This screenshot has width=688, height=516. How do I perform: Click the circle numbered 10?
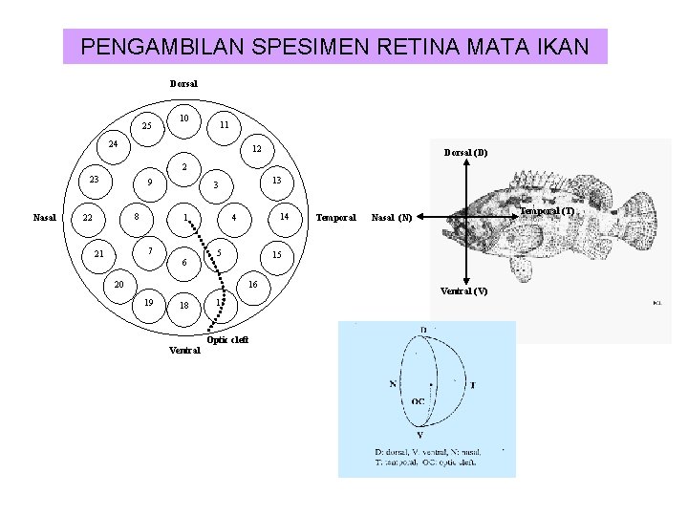[x=183, y=118]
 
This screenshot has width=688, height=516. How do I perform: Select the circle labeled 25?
[x=146, y=125]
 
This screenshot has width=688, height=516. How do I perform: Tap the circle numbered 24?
[x=113, y=145]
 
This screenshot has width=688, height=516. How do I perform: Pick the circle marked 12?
[x=256, y=149]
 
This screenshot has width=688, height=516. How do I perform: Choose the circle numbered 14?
[x=284, y=217]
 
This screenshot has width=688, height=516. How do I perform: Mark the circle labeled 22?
[x=88, y=218]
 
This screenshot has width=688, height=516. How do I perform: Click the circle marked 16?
[x=253, y=285]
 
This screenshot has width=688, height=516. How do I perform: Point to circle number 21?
[x=98, y=254]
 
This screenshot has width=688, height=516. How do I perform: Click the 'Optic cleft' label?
[x=227, y=341]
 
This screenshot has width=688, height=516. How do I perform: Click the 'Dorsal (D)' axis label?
[x=465, y=152]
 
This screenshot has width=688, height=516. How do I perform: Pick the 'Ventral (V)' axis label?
[x=464, y=290]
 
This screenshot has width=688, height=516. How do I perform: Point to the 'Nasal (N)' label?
[x=392, y=218]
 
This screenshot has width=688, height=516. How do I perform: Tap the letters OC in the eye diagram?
[x=418, y=401]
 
